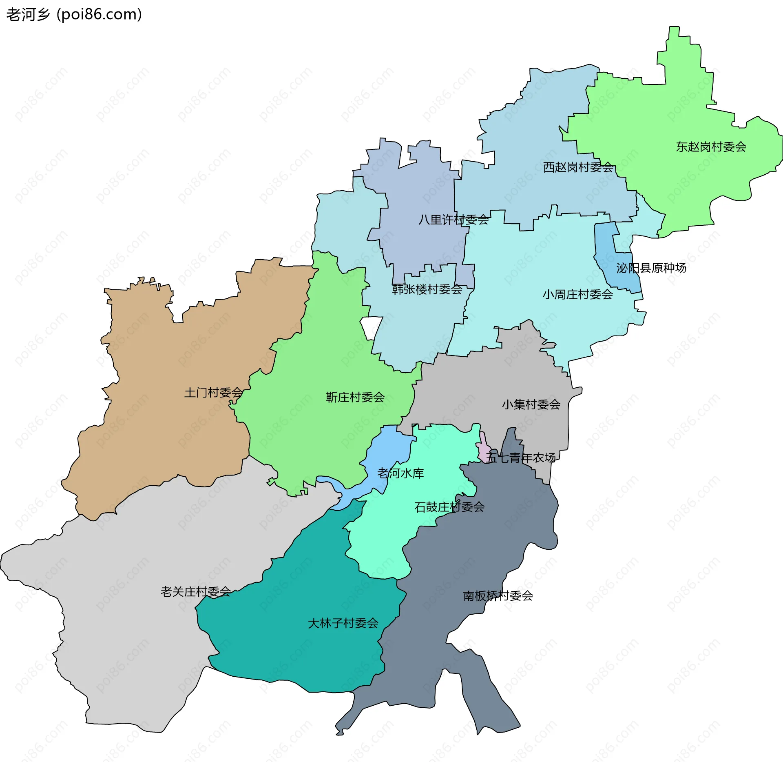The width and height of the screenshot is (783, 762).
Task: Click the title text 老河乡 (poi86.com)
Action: coord(74,14)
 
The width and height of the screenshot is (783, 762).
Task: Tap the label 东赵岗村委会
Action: coord(711,147)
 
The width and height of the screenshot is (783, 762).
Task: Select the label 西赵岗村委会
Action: coord(578,167)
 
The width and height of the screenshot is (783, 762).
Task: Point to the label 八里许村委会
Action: coord(453,220)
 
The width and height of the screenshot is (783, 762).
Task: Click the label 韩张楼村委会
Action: coord(427,289)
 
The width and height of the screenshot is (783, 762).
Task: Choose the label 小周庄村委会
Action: coord(577,294)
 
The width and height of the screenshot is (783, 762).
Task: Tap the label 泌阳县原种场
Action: coord(651,268)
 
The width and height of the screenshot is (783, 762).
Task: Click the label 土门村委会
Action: coord(213,393)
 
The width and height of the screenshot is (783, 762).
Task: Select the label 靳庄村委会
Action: coord(355,397)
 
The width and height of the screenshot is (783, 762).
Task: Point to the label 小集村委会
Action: coord(531,404)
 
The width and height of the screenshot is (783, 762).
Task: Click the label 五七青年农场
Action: coord(520,458)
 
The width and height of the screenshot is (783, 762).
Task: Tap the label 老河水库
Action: coord(400,473)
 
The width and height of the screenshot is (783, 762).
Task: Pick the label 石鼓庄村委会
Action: coord(449,507)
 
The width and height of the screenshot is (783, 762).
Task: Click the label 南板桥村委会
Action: coord(498,596)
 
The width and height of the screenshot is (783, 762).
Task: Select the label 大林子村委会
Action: coord(343,623)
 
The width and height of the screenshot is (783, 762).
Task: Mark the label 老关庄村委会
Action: coord(196,591)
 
